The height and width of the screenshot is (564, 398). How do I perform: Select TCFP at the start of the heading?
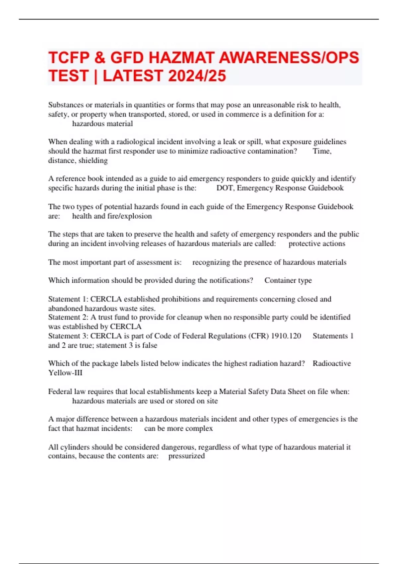pos(69,58)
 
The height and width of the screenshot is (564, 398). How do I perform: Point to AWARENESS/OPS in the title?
pos(289,58)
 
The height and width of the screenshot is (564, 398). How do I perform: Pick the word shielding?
pos(93,161)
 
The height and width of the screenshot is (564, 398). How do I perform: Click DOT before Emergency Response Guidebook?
pos(225,188)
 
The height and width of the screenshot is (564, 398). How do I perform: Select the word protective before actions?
pos(302,244)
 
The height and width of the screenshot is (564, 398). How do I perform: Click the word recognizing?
pos(211,262)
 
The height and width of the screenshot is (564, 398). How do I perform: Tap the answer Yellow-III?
pos(65,373)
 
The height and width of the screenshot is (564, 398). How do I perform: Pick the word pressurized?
pos(186,456)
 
